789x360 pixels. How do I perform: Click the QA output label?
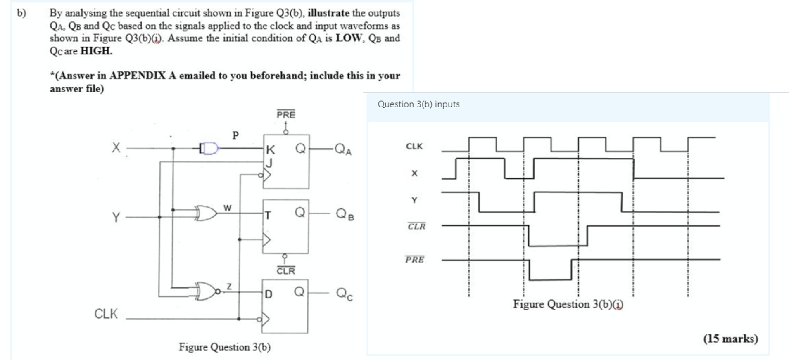click(343, 149)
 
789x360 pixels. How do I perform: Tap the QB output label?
click(345, 213)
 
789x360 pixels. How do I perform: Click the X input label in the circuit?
click(116, 148)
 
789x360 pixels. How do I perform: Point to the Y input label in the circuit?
click(116, 217)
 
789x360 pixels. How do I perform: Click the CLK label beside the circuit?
click(106, 314)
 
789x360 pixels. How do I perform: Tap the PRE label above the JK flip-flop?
click(286, 114)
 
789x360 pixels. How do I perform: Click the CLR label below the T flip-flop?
click(286, 271)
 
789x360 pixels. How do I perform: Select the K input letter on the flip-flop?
click(271, 149)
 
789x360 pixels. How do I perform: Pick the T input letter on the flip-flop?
click(268, 216)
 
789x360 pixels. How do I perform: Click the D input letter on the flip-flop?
click(269, 294)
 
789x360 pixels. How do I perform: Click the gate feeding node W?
click(207, 213)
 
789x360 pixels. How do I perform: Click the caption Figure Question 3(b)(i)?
click(568, 304)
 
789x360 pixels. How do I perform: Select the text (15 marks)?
click(730, 339)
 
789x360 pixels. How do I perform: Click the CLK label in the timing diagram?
click(414, 146)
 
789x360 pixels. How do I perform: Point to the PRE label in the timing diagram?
click(415, 259)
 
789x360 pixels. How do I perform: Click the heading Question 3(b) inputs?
click(418, 104)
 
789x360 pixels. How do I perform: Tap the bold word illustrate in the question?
click(328, 13)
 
